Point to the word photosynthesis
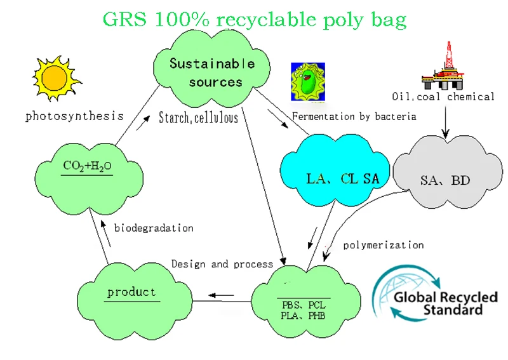(74, 116)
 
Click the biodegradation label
(154, 227)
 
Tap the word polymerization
(383, 244)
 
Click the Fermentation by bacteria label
(354, 116)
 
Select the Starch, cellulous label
(198, 117)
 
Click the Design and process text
(222, 263)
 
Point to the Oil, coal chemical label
(443, 97)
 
